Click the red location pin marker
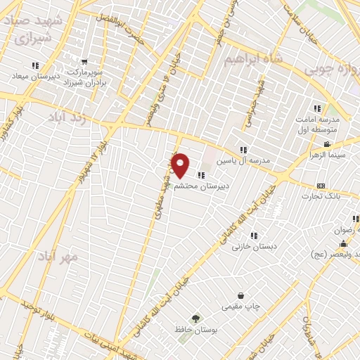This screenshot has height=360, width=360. point(181,165)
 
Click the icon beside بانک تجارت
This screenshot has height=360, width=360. point(321,186)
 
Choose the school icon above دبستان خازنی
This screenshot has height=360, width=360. point(254,236)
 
